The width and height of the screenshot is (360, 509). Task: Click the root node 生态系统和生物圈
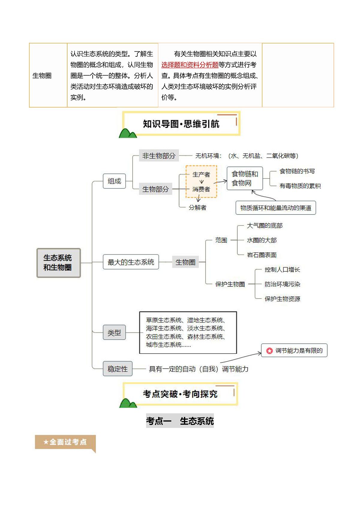[58, 263]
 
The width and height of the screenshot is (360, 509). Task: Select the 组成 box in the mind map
[114, 181]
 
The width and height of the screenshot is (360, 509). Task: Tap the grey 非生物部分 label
[159, 156]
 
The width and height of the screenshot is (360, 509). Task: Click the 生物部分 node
[155, 189]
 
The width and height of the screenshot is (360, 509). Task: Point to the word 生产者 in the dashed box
[201, 175]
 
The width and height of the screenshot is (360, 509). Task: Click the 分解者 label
[197, 208]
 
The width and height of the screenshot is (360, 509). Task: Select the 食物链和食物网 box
[245, 178]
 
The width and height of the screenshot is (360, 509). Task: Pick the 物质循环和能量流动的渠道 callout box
[276, 208]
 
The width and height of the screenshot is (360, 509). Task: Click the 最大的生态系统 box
[131, 262]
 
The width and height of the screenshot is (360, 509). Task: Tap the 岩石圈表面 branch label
[262, 255]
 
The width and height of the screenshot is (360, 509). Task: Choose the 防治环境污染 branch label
[282, 284]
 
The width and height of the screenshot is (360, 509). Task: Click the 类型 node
[114, 332]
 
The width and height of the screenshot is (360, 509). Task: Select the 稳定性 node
[118, 369]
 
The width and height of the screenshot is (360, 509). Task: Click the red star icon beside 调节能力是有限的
[269, 351]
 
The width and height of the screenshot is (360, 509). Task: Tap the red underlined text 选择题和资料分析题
[190, 65]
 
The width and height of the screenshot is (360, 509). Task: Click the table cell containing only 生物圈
[48, 75]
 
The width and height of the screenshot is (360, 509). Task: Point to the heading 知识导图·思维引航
[181, 124]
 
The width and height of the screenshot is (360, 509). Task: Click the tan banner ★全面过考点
[65, 442]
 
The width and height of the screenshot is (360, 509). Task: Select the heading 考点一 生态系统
[180, 421]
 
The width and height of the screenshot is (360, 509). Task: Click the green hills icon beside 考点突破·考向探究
[128, 403]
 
